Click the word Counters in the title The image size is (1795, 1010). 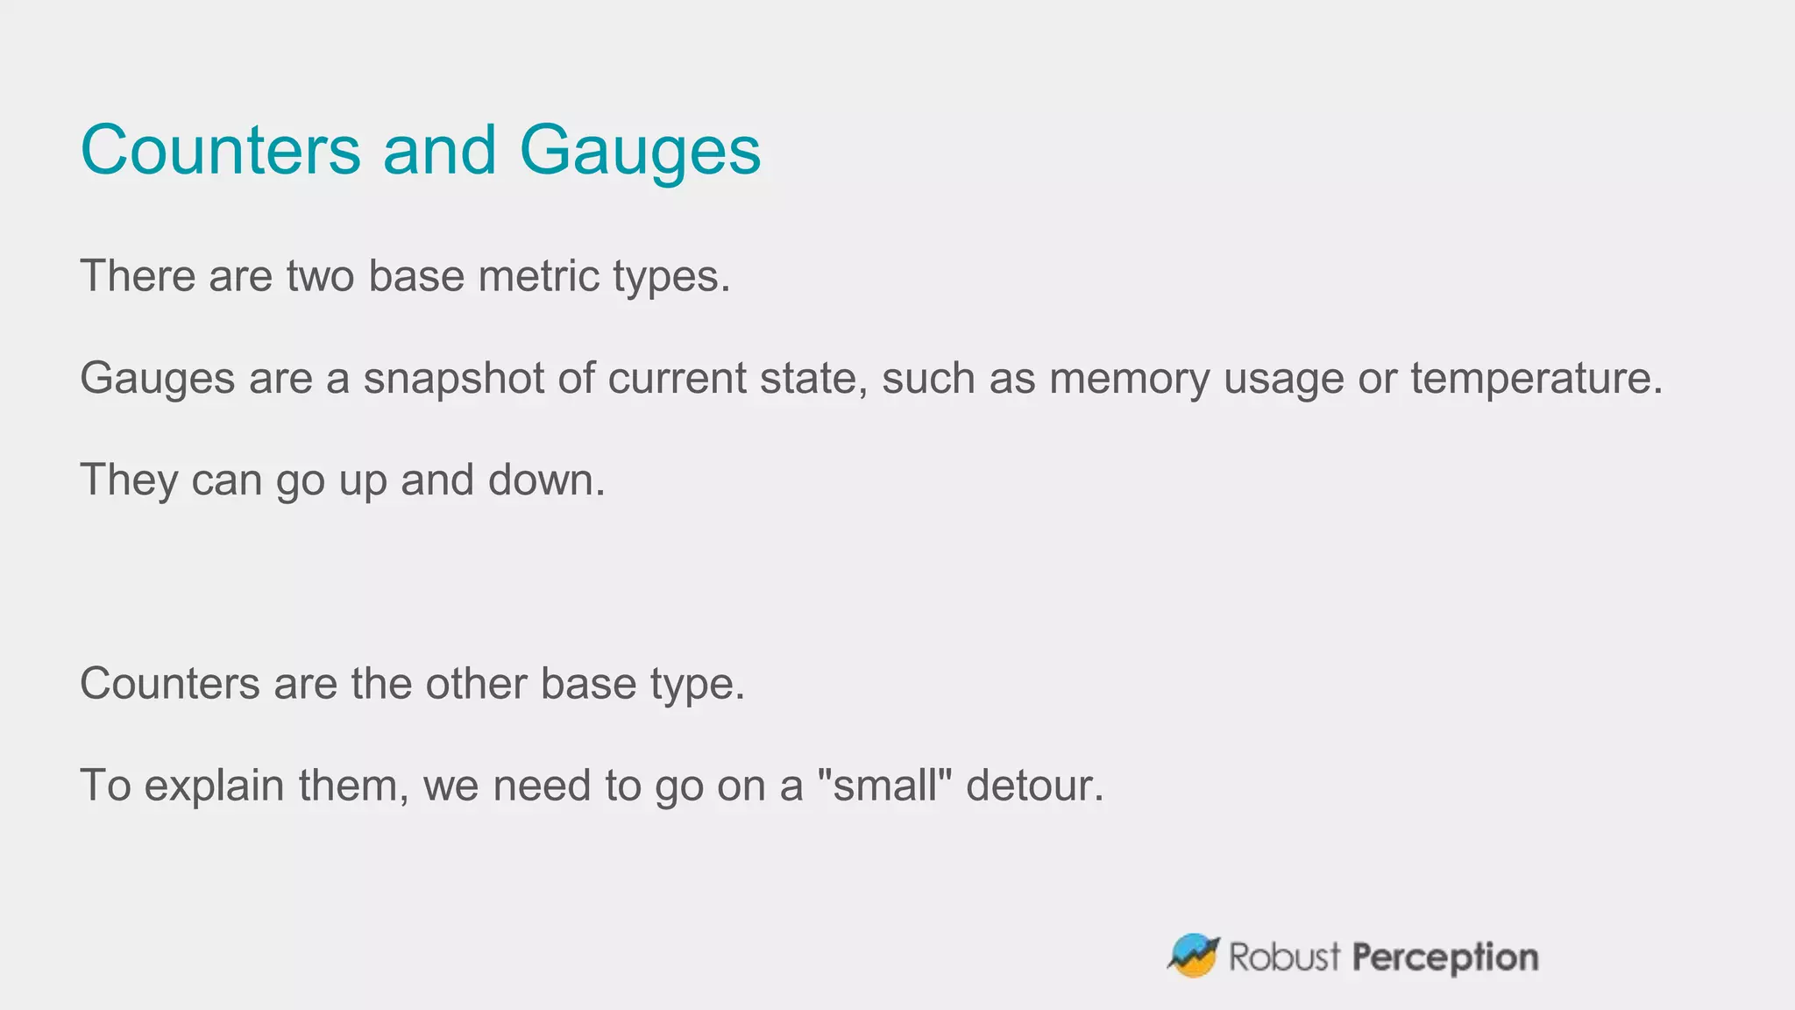click(220, 150)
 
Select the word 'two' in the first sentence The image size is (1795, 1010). click(320, 276)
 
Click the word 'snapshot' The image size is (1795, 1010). click(454, 379)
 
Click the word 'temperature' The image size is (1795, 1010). click(1536, 379)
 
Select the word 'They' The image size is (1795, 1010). click(129, 480)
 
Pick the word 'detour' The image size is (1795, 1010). click(1034, 785)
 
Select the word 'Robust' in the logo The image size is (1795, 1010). click(1284, 957)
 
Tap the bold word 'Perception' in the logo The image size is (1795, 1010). click(1444, 957)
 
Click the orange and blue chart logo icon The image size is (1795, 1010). click(1193, 955)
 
